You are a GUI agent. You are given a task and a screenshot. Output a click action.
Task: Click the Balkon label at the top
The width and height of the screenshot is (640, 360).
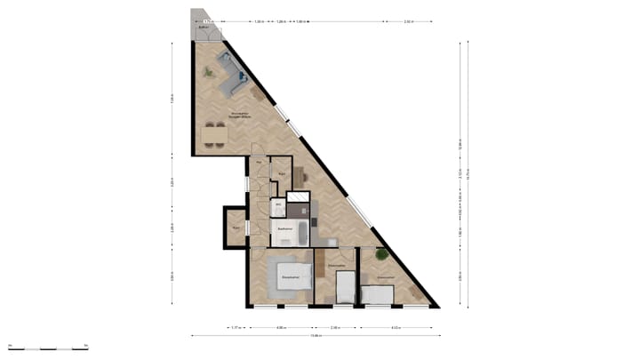204,28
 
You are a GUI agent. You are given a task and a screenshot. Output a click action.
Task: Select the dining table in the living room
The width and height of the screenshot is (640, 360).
214,133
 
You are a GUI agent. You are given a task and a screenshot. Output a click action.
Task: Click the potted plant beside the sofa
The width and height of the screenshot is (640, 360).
210,74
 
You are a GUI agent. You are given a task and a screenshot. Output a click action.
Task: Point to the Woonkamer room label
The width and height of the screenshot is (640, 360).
214,115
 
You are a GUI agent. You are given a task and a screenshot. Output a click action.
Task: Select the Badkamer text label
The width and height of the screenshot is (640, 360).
285,229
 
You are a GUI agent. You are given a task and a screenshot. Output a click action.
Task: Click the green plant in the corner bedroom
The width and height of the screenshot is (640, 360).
381,255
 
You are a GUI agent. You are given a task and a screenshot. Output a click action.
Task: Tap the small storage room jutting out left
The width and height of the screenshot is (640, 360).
236,228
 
